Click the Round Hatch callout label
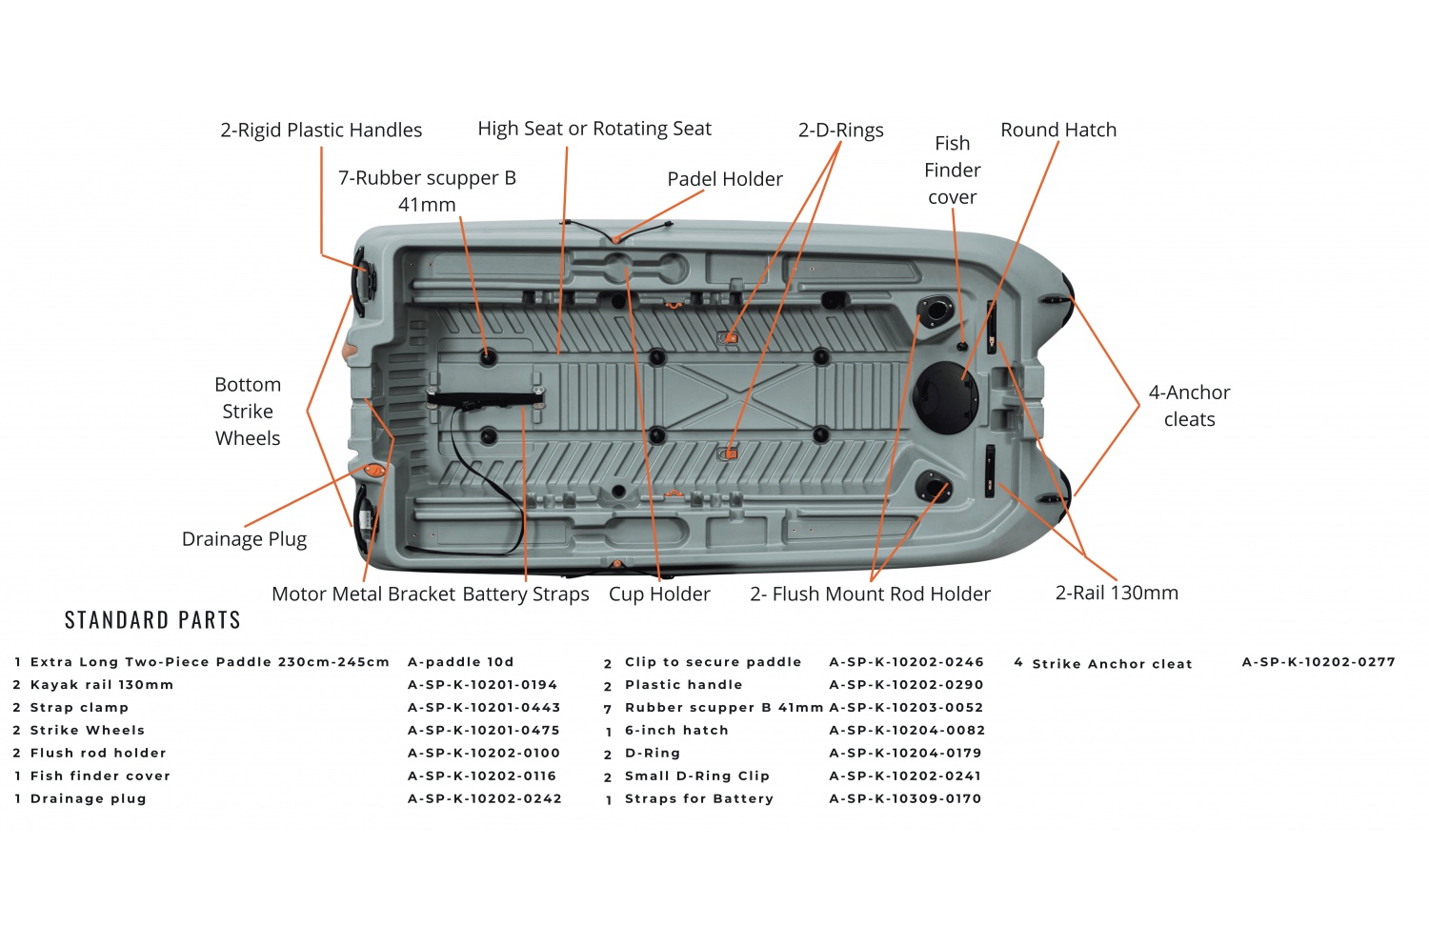(x=1057, y=130)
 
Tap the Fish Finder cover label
(x=952, y=170)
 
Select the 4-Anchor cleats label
(x=1189, y=405)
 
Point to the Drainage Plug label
(x=244, y=539)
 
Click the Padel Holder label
(x=724, y=179)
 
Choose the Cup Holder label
(x=659, y=594)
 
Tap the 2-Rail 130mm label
(x=1117, y=593)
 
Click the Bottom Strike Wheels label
(x=248, y=411)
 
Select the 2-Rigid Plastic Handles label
(x=321, y=130)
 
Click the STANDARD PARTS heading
(x=152, y=620)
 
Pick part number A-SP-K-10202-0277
(x=1318, y=662)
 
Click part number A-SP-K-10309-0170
(x=904, y=798)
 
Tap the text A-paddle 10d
(x=460, y=662)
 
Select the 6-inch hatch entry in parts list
(x=675, y=731)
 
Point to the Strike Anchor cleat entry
(x=1112, y=664)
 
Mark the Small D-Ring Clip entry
(x=696, y=776)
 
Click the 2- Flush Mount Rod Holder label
(x=870, y=594)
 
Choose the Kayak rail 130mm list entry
(x=101, y=685)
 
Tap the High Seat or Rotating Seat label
(x=594, y=129)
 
